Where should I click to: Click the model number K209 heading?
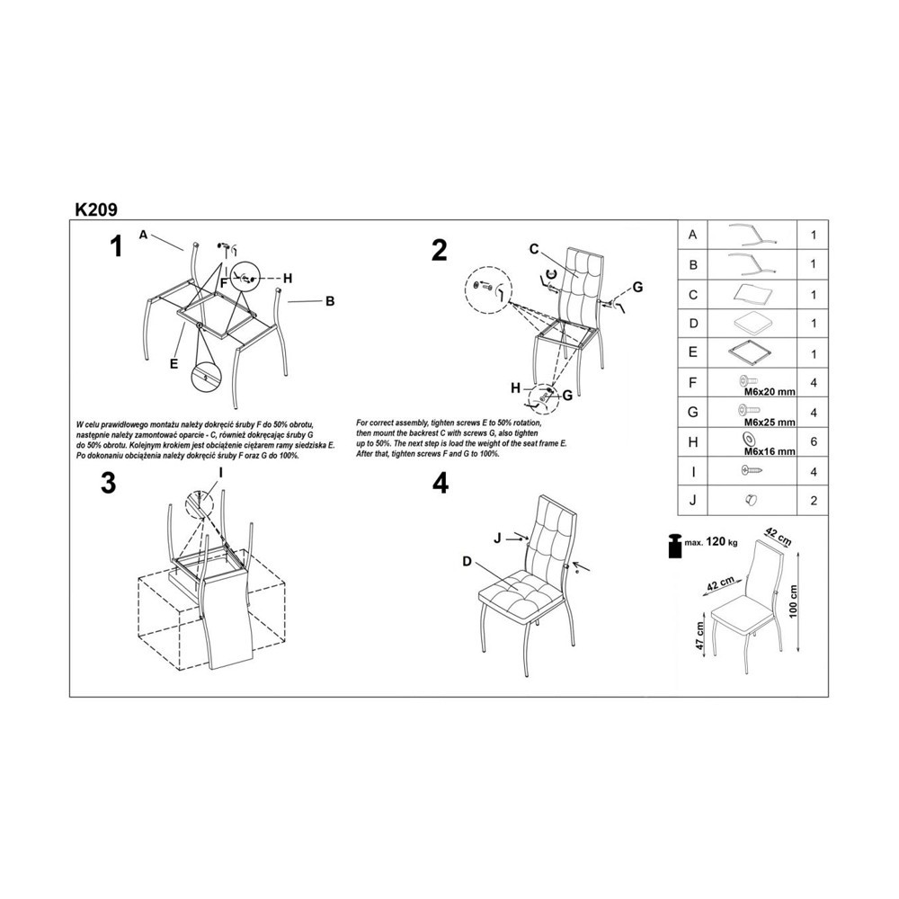pyautogui.click(x=96, y=209)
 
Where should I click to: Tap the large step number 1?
pyautogui.click(x=116, y=247)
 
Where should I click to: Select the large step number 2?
pyautogui.click(x=440, y=251)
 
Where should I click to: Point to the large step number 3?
pyautogui.click(x=109, y=483)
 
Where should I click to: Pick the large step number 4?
pyautogui.click(x=441, y=484)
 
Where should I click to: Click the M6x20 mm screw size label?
pyautogui.click(x=770, y=392)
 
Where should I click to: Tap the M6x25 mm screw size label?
pyautogui.click(x=770, y=422)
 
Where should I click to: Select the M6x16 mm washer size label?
pyautogui.click(x=770, y=451)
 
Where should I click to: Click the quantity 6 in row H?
pyautogui.click(x=813, y=441)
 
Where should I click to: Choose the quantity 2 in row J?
pyautogui.click(x=813, y=501)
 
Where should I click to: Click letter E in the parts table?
pyautogui.click(x=692, y=352)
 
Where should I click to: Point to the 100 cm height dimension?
pyautogui.click(x=793, y=601)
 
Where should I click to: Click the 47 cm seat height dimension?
pyautogui.click(x=699, y=636)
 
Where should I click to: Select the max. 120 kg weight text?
pyautogui.click(x=711, y=541)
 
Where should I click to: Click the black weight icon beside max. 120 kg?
pyautogui.click(x=674, y=546)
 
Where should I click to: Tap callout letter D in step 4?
pyautogui.click(x=467, y=561)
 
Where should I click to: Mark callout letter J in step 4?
pyautogui.click(x=498, y=538)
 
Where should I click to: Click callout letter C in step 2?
pyautogui.click(x=534, y=249)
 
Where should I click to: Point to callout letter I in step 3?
pyautogui.click(x=219, y=473)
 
